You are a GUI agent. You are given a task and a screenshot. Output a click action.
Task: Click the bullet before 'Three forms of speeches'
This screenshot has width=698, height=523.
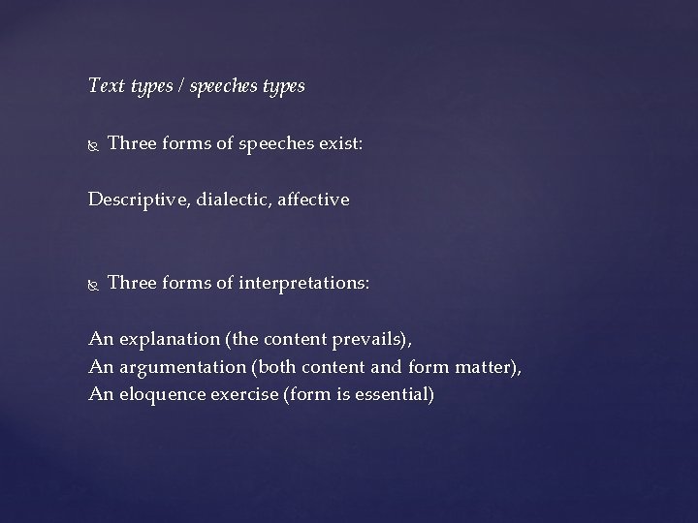(x=93, y=145)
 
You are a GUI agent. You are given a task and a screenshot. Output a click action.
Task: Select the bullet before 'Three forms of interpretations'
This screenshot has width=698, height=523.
(x=93, y=285)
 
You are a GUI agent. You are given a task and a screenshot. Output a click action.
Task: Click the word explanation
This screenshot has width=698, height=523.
(x=162, y=339)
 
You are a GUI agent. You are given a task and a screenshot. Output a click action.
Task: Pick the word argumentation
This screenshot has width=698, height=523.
(x=175, y=366)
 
